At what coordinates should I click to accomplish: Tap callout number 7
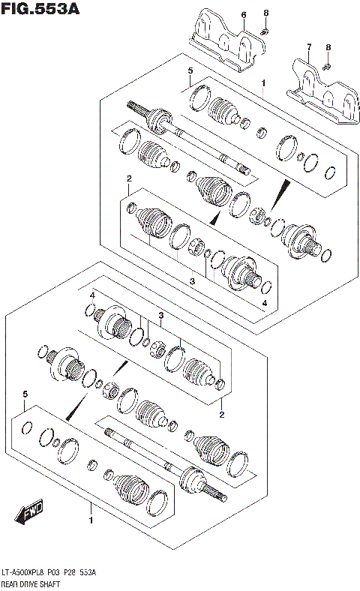tap(308, 48)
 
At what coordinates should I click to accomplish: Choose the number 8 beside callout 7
tap(328, 48)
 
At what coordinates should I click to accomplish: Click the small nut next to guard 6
tap(264, 31)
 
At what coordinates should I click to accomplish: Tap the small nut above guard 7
tap(328, 67)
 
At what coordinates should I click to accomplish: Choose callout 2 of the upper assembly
tap(129, 178)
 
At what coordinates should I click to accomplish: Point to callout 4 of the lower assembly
tap(91, 295)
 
